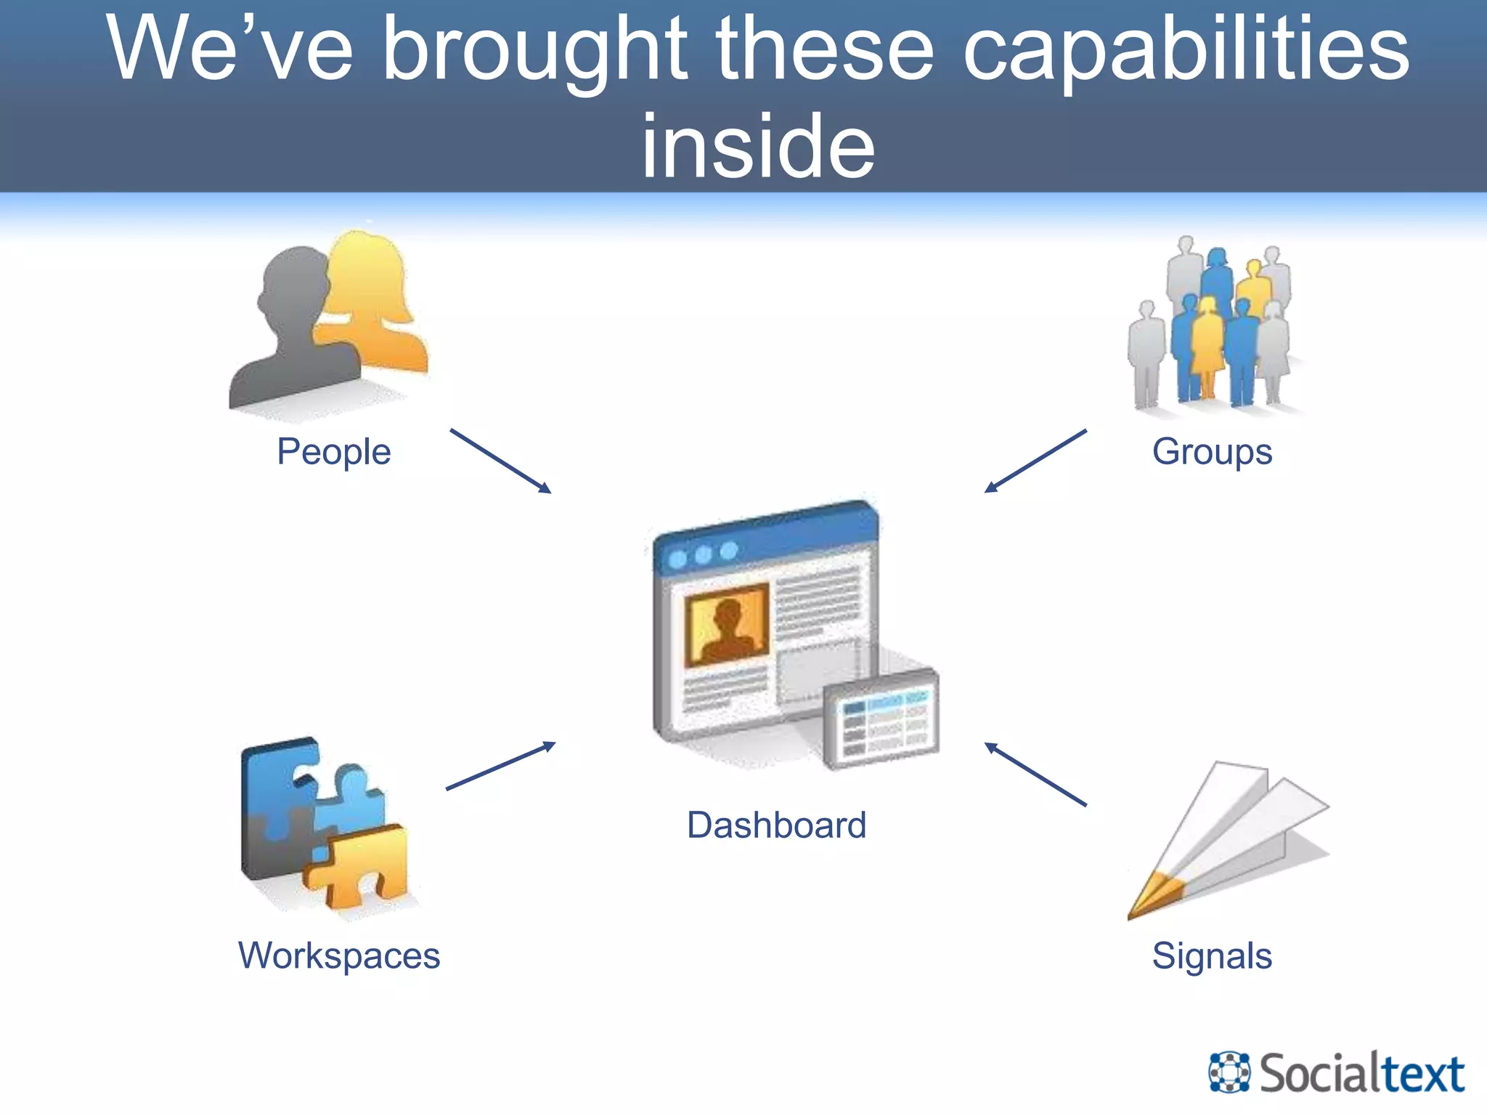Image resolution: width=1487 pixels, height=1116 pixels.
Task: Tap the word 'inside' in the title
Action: pyautogui.click(x=758, y=147)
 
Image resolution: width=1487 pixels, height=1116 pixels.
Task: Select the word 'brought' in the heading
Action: pyautogui.click(x=534, y=51)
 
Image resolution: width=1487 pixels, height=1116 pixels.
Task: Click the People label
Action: pyautogui.click(x=334, y=452)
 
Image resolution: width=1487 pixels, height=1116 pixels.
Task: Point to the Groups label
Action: pyautogui.click(x=1212, y=452)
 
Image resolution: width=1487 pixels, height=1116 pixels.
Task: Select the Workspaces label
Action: pyautogui.click(x=339, y=955)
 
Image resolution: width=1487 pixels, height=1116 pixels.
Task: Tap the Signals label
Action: pyautogui.click(x=1212, y=955)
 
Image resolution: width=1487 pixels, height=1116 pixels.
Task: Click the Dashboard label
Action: pyautogui.click(x=776, y=825)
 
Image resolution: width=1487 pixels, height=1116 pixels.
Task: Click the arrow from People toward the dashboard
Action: pyautogui.click(x=500, y=461)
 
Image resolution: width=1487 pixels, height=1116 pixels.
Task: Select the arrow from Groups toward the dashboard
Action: pyautogui.click(x=1035, y=461)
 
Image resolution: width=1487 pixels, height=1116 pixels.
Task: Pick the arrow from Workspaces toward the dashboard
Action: pyautogui.click(x=500, y=766)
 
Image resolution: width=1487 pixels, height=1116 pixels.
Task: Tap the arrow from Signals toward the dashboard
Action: pyautogui.click(x=1035, y=774)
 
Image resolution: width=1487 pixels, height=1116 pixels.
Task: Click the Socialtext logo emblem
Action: pyautogui.click(x=1229, y=1072)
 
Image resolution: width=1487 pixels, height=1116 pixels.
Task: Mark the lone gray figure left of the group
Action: pyautogui.click(x=1146, y=356)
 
